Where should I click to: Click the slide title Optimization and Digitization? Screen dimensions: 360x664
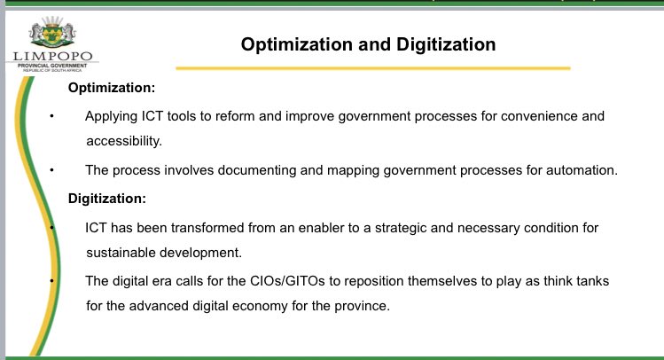369,44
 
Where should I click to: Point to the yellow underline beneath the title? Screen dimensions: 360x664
372,67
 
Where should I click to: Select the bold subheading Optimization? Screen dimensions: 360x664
112,90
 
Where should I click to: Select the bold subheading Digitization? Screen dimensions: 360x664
107,199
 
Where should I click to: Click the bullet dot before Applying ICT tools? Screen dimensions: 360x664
52,117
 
